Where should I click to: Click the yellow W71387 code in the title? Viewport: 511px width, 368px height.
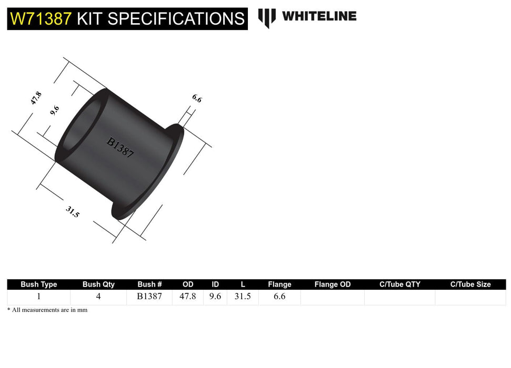click(41, 19)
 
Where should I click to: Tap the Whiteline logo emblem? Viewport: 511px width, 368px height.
click(267, 17)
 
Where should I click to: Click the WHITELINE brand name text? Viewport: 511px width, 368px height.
click(319, 16)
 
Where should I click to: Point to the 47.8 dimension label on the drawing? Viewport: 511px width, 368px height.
click(36, 98)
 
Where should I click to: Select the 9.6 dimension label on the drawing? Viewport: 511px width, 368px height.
click(54, 111)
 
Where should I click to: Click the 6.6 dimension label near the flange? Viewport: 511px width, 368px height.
click(197, 98)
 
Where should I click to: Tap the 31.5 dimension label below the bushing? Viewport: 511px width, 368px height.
click(73, 212)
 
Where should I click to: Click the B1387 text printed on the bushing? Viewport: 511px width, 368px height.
click(121, 148)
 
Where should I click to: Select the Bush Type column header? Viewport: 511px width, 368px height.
click(38, 284)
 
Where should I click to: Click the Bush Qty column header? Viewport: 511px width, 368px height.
click(98, 284)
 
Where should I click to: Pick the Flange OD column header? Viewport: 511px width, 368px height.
click(332, 284)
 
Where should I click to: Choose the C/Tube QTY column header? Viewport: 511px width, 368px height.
click(400, 284)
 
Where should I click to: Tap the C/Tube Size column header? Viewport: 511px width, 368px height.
click(470, 284)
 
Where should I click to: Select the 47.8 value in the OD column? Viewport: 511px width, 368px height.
click(188, 297)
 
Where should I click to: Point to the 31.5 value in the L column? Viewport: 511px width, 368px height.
click(243, 297)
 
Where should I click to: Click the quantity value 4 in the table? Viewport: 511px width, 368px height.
click(98, 297)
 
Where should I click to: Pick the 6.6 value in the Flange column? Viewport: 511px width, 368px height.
click(279, 297)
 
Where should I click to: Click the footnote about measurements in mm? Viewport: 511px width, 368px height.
click(47, 310)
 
